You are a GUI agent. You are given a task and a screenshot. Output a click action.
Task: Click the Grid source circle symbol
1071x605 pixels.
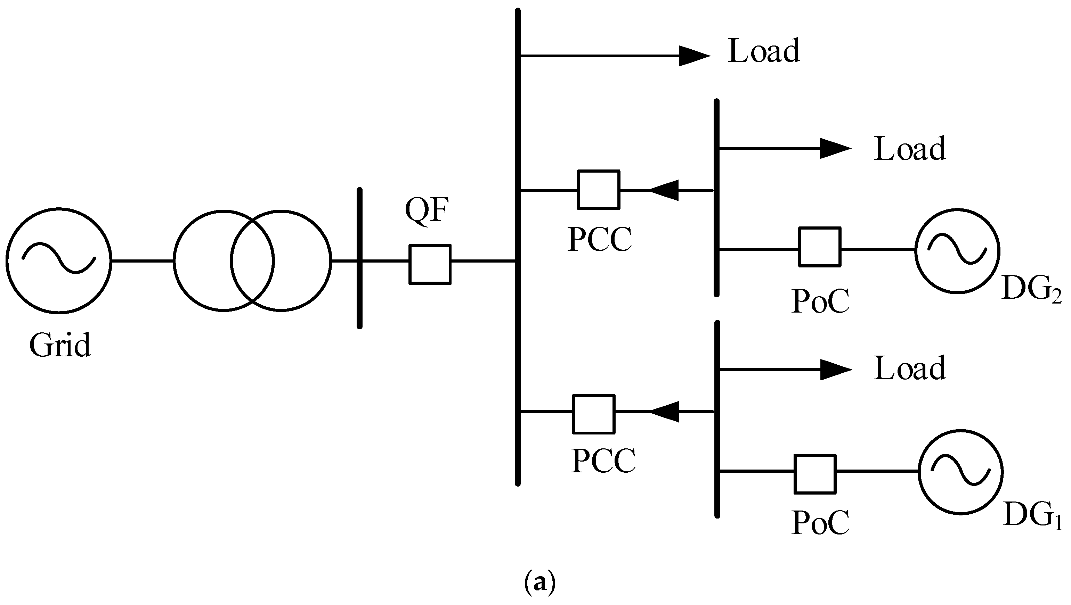59,260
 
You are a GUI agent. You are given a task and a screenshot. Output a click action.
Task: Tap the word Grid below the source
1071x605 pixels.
60,345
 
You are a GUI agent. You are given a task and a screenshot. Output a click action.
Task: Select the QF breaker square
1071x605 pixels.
430,264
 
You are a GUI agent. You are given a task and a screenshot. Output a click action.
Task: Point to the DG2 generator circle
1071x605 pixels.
957,251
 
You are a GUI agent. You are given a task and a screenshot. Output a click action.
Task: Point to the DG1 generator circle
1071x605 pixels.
960,472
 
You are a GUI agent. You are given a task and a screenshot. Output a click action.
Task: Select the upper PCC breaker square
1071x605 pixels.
599,190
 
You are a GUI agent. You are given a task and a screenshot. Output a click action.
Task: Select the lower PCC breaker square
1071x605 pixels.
594,414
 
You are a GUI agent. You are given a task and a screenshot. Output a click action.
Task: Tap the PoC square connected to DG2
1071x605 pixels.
819,247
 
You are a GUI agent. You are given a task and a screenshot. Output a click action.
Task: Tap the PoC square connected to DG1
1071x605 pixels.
815,474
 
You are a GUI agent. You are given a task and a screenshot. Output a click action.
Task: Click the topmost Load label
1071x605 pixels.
764,51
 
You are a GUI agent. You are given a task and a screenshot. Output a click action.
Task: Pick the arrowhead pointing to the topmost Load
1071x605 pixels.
693,56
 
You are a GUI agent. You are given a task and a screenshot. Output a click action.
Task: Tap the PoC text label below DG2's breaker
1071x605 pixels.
820,301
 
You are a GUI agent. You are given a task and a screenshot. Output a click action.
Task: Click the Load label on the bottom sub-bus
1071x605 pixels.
910,368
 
